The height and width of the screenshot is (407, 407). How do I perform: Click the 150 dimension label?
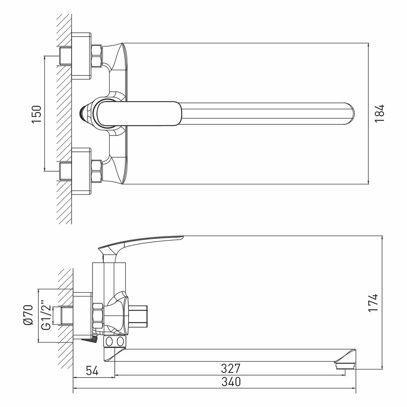pos(37,114)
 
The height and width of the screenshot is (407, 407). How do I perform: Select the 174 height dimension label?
pos(373,303)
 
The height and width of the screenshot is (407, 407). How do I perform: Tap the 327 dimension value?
pos(231,368)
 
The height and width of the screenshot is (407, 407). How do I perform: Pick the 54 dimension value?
pos(92,370)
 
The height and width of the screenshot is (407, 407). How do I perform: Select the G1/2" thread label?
pos(46,316)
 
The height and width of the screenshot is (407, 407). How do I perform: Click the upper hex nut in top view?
pos(97,56)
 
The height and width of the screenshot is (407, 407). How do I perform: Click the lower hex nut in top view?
pos(97,171)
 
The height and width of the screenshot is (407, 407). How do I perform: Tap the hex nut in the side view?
pos(98,314)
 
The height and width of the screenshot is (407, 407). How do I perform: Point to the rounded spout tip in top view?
pos(350,114)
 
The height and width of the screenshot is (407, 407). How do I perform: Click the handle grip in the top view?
pos(139,114)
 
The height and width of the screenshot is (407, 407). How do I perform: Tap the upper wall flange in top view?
pos(81,56)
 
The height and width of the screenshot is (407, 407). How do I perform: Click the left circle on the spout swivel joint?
pos(109,341)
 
